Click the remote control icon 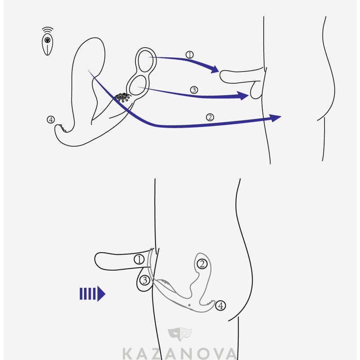pos(48,45)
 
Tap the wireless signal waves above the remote pos(48,30)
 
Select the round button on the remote pos(48,40)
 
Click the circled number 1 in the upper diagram pos(189,55)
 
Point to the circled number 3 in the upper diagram pos(194,90)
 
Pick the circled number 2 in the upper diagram pos(210,117)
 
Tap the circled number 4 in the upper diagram pos(51,120)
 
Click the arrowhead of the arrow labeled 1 pos(215,69)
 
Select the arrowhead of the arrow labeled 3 pos(243,95)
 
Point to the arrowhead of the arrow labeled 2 pos(275,118)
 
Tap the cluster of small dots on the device pos(123,97)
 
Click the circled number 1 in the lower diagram pos(139,260)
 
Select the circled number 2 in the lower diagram pos(202,264)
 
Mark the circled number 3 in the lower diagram pos(145,280)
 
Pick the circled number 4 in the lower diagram pos(220,306)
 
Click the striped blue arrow pos(92,294)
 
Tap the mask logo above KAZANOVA pos(180,334)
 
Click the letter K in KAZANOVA pos(127,354)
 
